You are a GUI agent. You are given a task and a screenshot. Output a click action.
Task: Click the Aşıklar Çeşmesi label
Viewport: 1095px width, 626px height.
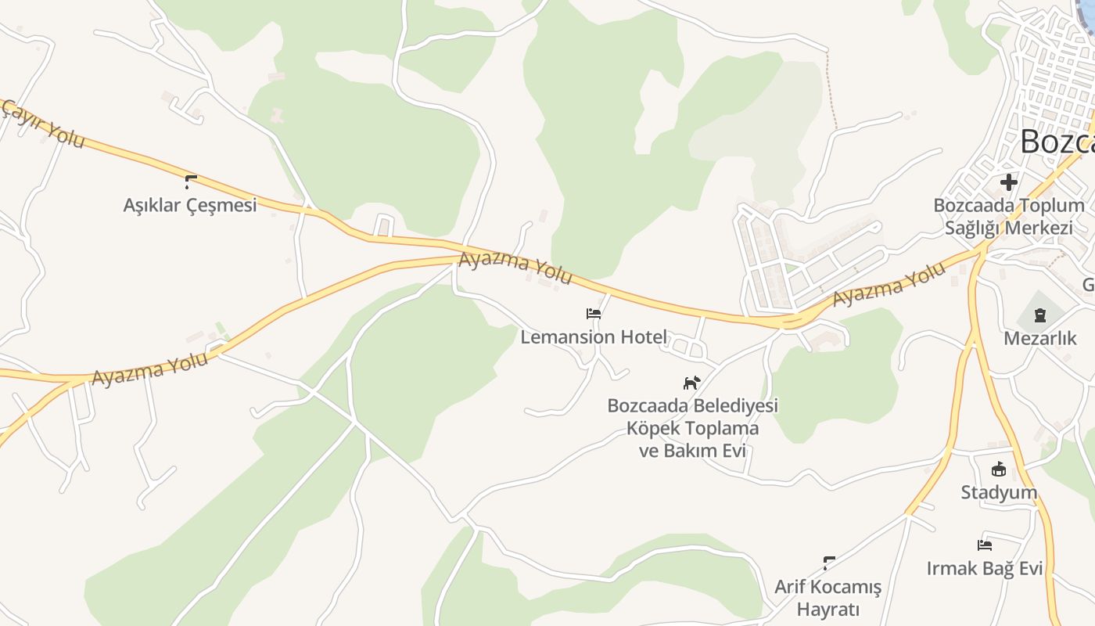[x=190, y=205]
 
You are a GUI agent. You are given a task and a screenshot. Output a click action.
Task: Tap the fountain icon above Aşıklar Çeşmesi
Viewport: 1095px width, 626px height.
[x=190, y=182]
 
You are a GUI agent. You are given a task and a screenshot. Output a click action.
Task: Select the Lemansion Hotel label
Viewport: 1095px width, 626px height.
[x=594, y=337]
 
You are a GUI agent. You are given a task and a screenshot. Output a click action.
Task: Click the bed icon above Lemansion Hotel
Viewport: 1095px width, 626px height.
[x=594, y=314]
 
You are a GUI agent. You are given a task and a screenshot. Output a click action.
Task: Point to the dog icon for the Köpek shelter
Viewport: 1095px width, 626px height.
[x=691, y=383]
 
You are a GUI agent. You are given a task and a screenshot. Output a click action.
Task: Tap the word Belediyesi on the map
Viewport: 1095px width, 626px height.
[x=735, y=406]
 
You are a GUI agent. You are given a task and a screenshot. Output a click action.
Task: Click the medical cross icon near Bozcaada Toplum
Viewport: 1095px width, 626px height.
[x=1008, y=182]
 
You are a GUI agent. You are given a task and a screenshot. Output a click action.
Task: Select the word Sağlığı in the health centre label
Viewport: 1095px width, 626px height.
[x=973, y=228]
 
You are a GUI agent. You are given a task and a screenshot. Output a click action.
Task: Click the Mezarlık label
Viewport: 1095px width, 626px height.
[x=1040, y=338]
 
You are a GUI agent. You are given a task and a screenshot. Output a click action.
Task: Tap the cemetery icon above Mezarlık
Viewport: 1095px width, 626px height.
[x=1039, y=315]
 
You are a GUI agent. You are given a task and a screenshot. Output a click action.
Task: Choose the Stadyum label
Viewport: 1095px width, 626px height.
[x=999, y=492]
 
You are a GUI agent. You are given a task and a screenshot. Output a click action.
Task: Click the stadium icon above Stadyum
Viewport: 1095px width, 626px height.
[x=998, y=469]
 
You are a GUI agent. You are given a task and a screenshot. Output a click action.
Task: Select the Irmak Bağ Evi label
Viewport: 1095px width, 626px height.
[x=985, y=568]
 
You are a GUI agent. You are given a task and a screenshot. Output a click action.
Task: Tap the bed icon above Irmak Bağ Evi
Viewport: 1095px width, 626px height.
[x=985, y=545]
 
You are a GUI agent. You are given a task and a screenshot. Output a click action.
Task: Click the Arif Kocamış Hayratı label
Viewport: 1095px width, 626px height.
[x=828, y=598]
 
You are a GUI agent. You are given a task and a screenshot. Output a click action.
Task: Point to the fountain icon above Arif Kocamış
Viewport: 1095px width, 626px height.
[x=829, y=563]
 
